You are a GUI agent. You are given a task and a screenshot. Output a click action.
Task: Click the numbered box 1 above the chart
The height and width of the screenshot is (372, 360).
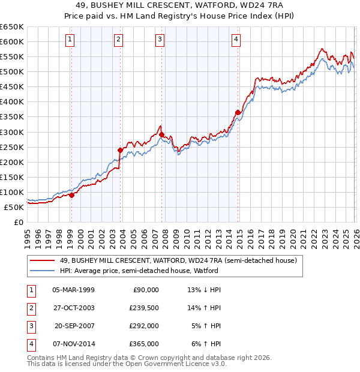click(x=71, y=40)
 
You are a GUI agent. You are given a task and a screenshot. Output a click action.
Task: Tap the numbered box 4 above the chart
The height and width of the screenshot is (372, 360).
click(x=236, y=40)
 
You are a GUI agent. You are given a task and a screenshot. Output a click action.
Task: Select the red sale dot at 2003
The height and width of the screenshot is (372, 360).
click(x=120, y=150)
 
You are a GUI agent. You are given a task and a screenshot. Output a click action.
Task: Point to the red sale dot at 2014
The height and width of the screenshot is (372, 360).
click(x=238, y=112)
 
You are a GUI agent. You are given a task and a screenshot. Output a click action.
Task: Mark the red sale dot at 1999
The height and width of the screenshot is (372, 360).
click(x=71, y=195)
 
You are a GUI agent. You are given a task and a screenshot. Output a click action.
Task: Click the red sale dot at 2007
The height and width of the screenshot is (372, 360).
click(x=162, y=134)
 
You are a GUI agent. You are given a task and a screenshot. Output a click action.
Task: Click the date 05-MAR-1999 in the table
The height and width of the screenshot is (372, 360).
click(x=73, y=290)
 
